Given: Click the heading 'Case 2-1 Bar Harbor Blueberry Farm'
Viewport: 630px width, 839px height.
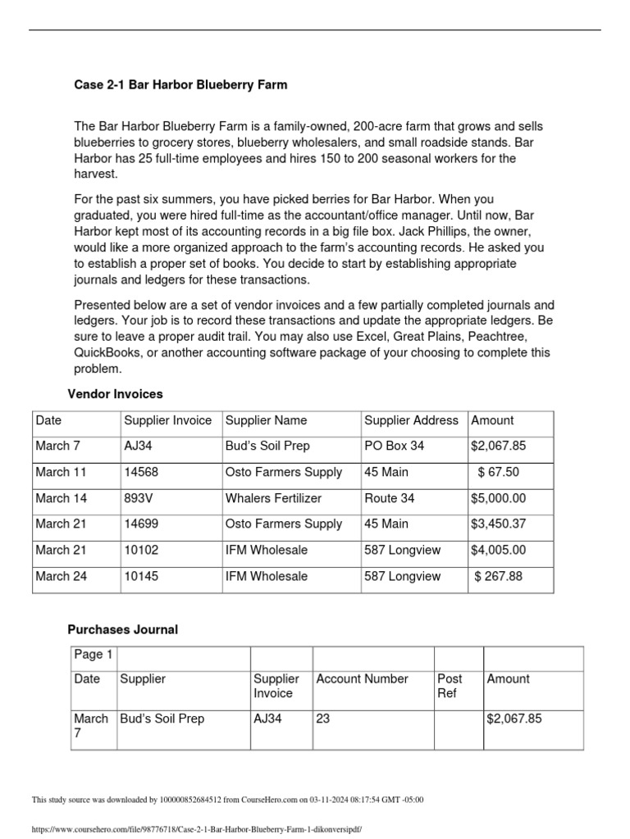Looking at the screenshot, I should [x=180, y=84].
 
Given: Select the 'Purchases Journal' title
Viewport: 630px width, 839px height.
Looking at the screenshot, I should [x=121, y=629].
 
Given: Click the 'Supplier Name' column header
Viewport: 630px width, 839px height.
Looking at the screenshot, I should [x=266, y=420].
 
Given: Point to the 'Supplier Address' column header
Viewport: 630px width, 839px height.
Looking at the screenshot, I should [x=411, y=420].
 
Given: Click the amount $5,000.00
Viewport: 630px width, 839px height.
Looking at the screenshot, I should [x=498, y=498].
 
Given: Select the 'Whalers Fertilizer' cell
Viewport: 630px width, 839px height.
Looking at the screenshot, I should [x=273, y=498].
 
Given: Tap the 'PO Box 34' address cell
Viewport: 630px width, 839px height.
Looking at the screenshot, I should [x=395, y=447].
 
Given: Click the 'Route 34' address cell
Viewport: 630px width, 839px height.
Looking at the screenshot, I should [x=389, y=498].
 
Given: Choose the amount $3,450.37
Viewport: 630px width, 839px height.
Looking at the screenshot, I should [x=498, y=524].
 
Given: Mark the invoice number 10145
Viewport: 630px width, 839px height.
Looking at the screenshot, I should [x=141, y=576].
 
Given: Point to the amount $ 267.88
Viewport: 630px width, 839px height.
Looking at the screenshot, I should [x=498, y=576].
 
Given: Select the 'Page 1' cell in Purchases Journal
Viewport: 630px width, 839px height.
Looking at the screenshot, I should [x=94, y=654].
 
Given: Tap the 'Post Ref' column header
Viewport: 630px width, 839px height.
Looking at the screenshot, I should [x=450, y=686].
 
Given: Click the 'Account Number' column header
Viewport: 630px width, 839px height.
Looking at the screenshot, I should [x=362, y=678].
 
